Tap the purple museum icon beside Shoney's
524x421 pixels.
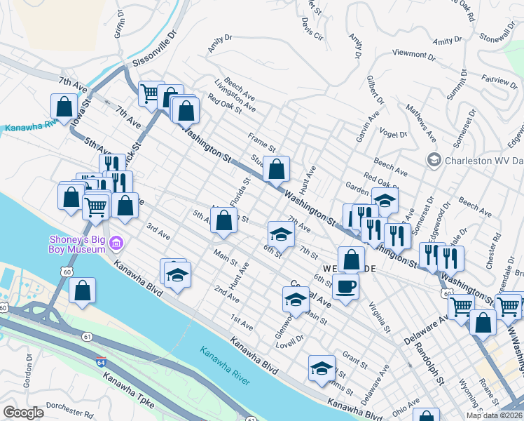(116, 244)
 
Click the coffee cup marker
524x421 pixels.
(345, 287)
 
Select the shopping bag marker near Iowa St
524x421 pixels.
(64, 107)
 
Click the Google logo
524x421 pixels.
(23, 413)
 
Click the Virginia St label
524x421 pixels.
(379, 317)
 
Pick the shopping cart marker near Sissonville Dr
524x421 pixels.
(149, 93)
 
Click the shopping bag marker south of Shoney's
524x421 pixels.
(83, 290)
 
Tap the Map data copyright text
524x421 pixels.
(494, 415)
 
